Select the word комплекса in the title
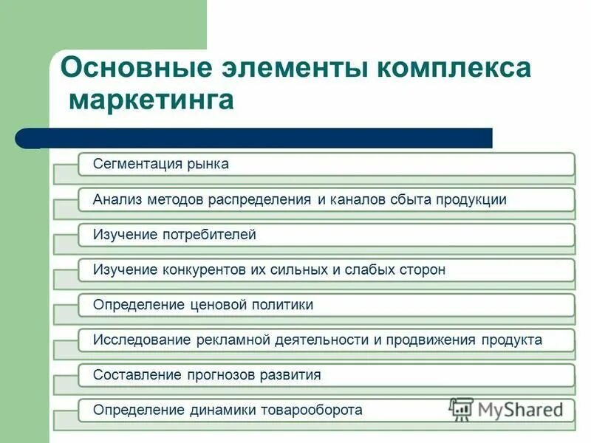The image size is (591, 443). (x=454, y=68)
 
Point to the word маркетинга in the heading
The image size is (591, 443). (x=151, y=100)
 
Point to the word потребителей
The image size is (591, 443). (x=210, y=235)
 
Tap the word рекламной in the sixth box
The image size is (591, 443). (x=233, y=340)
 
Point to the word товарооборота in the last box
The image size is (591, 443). (x=314, y=410)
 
